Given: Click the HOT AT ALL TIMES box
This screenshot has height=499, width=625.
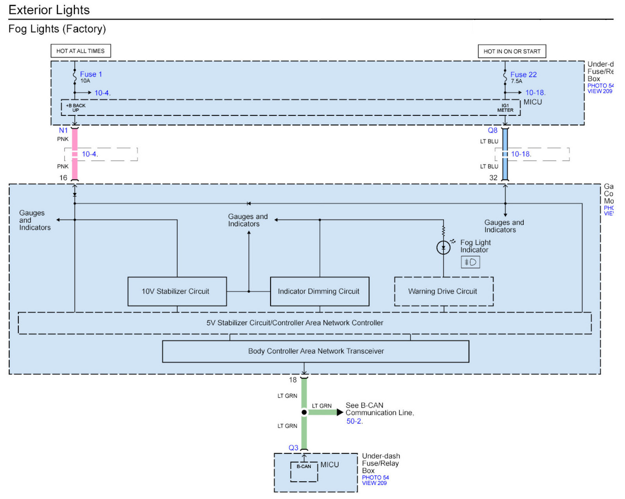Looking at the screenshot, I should point(81,51).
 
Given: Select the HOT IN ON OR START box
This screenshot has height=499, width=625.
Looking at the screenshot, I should point(512,51).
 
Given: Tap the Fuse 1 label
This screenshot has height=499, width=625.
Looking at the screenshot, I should point(91,74).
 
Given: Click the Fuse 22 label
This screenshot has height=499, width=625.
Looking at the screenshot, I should point(523,75).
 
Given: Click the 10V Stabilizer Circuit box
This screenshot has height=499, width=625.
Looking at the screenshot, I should point(177,291).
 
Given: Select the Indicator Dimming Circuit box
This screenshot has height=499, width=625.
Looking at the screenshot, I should point(320,291).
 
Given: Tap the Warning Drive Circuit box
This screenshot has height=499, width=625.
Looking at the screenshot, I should point(444,291).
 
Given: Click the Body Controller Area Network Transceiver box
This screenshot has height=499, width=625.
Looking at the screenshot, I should point(316,351).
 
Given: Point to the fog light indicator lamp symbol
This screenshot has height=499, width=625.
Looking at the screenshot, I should point(443,248).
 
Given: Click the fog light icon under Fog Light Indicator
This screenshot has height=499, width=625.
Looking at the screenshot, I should point(470,262).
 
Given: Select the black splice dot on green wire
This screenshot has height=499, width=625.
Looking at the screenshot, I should point(304,412).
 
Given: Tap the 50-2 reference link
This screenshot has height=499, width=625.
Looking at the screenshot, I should point(354,421).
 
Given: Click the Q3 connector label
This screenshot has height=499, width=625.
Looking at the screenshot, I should point(293,448).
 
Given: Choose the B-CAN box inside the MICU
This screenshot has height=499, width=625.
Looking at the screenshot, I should point(304,467).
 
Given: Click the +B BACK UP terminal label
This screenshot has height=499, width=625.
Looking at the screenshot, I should point(75,108).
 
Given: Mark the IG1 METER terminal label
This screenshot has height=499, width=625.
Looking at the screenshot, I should point(505,108).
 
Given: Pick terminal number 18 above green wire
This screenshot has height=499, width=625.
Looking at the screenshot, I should point(293,380).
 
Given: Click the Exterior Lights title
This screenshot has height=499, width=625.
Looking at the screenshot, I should point(49,10).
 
